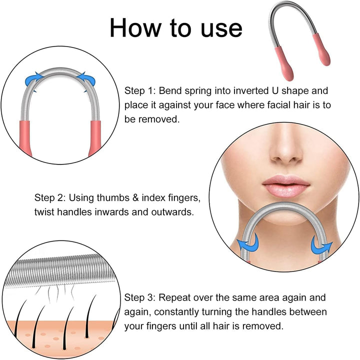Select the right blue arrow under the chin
(x=321, y=245)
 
